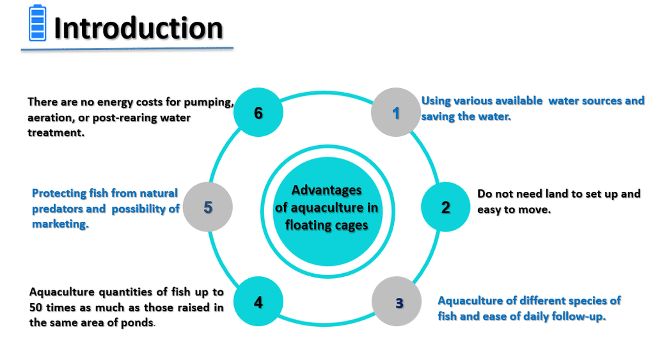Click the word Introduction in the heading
[x=139, y=28]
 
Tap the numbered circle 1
[x=395, y=113]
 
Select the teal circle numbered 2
[x=445, y=207]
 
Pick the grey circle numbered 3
[x=397, y=302]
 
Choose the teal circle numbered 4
[x=258, y=302]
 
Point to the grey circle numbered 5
[x=208, y=207]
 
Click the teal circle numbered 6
[x=258, y=113]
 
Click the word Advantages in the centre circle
[x=327, y=191]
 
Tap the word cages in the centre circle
[x=350, y=226]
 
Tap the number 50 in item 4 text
[x=36, y=308]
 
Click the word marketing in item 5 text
[x=60, y=224]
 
